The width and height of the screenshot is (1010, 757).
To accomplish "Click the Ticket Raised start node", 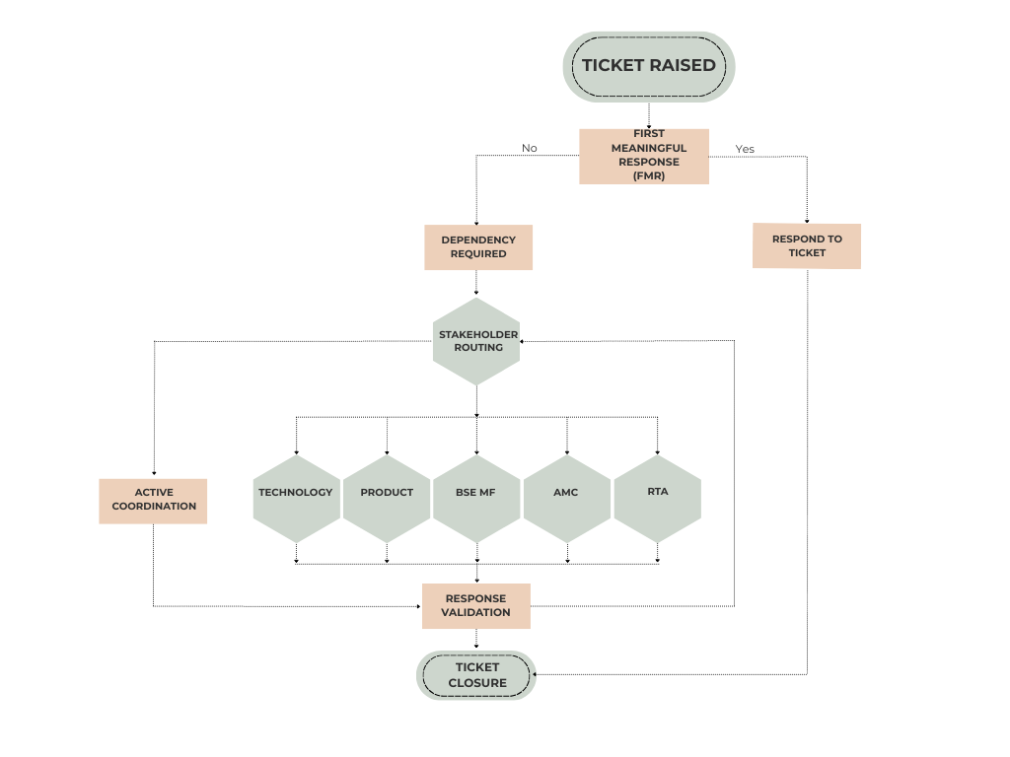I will pyautogui.click(x=648, y=66).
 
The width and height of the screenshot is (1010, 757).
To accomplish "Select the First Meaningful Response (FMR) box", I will pyautogui.click(x=643, y=156).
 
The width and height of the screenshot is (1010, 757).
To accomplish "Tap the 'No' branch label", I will pyautogui.click(x=530, y=148).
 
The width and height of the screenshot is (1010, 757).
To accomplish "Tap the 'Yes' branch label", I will pyautogui.click(x=745, y=149).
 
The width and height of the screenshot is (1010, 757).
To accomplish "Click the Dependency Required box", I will pyautogui.click(x=478, y=246).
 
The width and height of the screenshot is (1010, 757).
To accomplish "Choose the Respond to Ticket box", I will pyautogui.click(x=807, y=245).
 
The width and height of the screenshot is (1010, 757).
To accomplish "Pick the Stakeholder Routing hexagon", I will pyautogui.click(x=477, y=341).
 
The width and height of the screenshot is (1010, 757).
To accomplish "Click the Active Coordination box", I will pyautogui.click(x=153, y=500).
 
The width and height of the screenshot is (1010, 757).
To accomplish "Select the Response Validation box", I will pyautogui.click(x=476, y=605).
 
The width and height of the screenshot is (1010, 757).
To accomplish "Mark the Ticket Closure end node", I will pyautogui.click(x=476, y=675).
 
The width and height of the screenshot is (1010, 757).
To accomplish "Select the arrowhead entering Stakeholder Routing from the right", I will pyautogui.click(x=524, y=341).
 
